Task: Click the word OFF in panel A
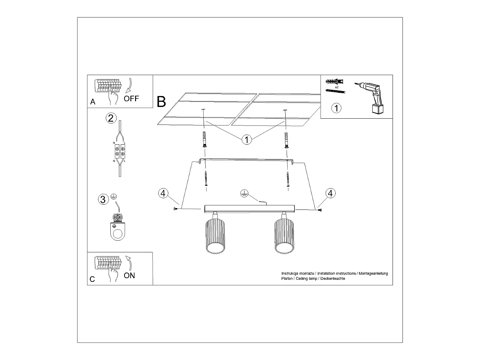(131, 99)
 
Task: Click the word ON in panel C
(129, 275)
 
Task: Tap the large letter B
(161, 102)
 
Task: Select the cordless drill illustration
(371, 96)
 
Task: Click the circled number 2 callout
(110, 118)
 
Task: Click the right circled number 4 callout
(330, 193)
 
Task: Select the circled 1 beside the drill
(336, 108)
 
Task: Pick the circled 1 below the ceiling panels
(247, 140)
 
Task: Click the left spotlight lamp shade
(215, 237)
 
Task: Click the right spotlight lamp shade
(284, 237)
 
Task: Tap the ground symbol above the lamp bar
(244, 193)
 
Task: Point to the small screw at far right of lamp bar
(320, 209)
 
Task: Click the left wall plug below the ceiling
(205, 140)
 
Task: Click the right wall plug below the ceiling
(286, 140)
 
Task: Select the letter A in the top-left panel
(93, 102)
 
